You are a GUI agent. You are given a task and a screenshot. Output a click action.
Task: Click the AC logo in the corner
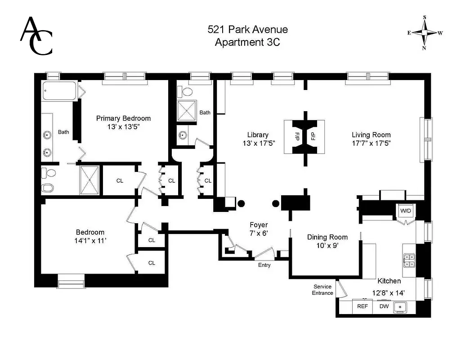[x=36, y=36]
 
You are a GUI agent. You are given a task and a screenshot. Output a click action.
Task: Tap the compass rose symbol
[x=424, y=33]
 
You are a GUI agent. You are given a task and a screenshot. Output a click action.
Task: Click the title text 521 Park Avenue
[x=247, y=30]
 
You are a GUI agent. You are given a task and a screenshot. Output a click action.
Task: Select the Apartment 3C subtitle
[x=247, y=42]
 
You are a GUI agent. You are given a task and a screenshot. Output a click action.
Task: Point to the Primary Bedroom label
[x=123, y=118]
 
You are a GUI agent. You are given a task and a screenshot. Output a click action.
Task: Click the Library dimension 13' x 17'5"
[x=258, y=143]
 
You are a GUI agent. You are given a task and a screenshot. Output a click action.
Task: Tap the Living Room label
[x=371, y=135]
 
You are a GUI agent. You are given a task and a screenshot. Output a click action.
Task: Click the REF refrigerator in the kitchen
[x=363, y=306]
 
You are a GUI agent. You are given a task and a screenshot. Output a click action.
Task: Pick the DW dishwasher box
[x=384, y=306]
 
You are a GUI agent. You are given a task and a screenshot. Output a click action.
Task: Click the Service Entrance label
[x=323, y=290]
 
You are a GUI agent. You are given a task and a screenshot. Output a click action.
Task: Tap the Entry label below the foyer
[x=264, y=265]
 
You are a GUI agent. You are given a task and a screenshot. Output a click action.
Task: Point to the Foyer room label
[x=259, y=225]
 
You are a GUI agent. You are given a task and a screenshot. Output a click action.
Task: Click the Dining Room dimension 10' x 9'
[x=327, y=246]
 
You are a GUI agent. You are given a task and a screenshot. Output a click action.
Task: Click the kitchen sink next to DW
[x=400, y=307]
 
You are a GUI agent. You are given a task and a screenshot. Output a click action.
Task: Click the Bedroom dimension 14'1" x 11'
[x=90, y=241]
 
